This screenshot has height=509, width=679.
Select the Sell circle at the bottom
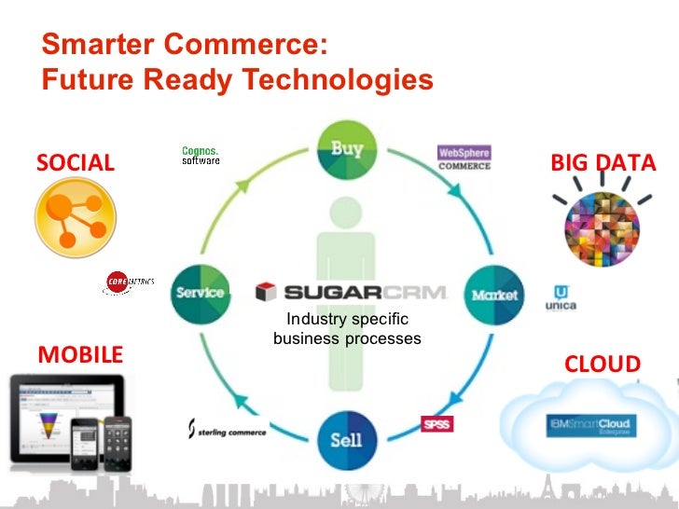346,437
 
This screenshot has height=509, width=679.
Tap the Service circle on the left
201,293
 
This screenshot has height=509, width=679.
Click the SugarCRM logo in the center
352,292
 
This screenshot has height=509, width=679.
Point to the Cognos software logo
201,155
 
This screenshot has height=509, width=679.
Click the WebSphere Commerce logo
464,158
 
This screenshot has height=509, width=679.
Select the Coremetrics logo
130,284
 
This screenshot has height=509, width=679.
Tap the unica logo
561,298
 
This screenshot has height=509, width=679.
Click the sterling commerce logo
228,430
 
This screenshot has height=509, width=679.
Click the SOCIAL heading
76,163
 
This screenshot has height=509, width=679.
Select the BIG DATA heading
603,162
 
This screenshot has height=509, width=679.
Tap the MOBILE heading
80,354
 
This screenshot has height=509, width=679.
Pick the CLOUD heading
603,364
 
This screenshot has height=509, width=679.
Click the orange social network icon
75,217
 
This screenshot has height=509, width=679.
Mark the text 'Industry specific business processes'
347,329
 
